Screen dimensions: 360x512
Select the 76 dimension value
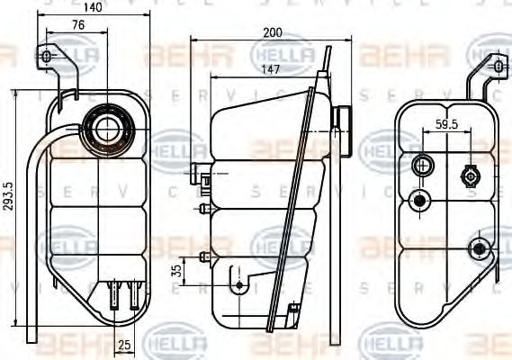78,25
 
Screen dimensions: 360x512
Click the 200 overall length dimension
274,32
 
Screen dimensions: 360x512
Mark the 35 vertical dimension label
176,270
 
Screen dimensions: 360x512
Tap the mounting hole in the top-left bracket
47,58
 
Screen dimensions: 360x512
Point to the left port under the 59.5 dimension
421,166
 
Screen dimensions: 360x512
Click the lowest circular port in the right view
479,247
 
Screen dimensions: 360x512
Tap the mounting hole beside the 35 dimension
238,285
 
